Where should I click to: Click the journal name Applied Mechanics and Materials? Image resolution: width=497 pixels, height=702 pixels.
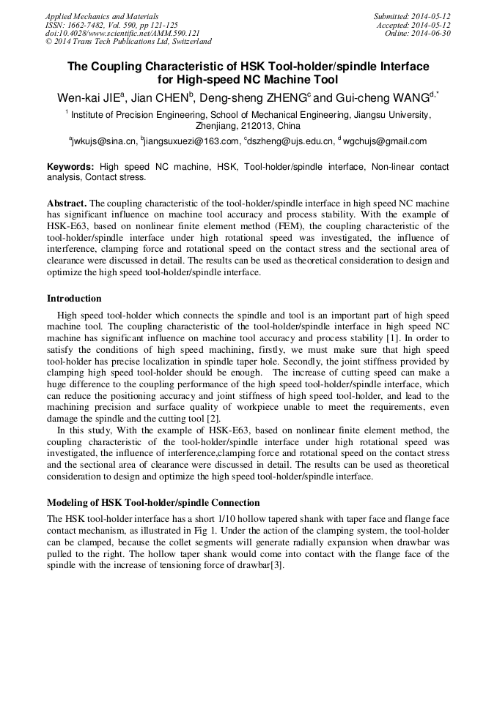(102, 16)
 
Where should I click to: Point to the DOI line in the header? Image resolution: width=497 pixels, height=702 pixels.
(122, 34)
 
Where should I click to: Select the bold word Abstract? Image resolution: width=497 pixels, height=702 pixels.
(67, 203)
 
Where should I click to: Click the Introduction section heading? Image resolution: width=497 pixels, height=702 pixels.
(74, 299)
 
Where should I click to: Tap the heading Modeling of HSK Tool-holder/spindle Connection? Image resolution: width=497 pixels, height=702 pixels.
(153, 503)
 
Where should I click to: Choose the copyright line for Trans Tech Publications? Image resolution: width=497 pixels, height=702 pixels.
(128, 42)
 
